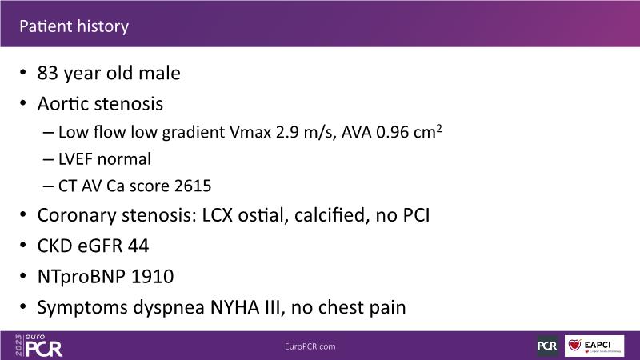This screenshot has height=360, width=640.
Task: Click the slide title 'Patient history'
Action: coord(74,26)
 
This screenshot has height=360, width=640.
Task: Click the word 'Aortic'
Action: coord(63,104)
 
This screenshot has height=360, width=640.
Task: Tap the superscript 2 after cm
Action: coord(438,128)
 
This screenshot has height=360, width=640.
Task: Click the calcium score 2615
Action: coord(193,186)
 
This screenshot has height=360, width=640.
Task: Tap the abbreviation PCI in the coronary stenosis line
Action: coord(416,215)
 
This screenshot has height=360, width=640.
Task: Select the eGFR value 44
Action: coord(138,246)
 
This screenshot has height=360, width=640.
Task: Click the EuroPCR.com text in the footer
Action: coord(310,346)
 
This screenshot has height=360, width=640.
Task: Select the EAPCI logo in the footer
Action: coord(594,346)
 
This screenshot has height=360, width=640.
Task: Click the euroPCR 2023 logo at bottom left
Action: coord(38,346)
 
